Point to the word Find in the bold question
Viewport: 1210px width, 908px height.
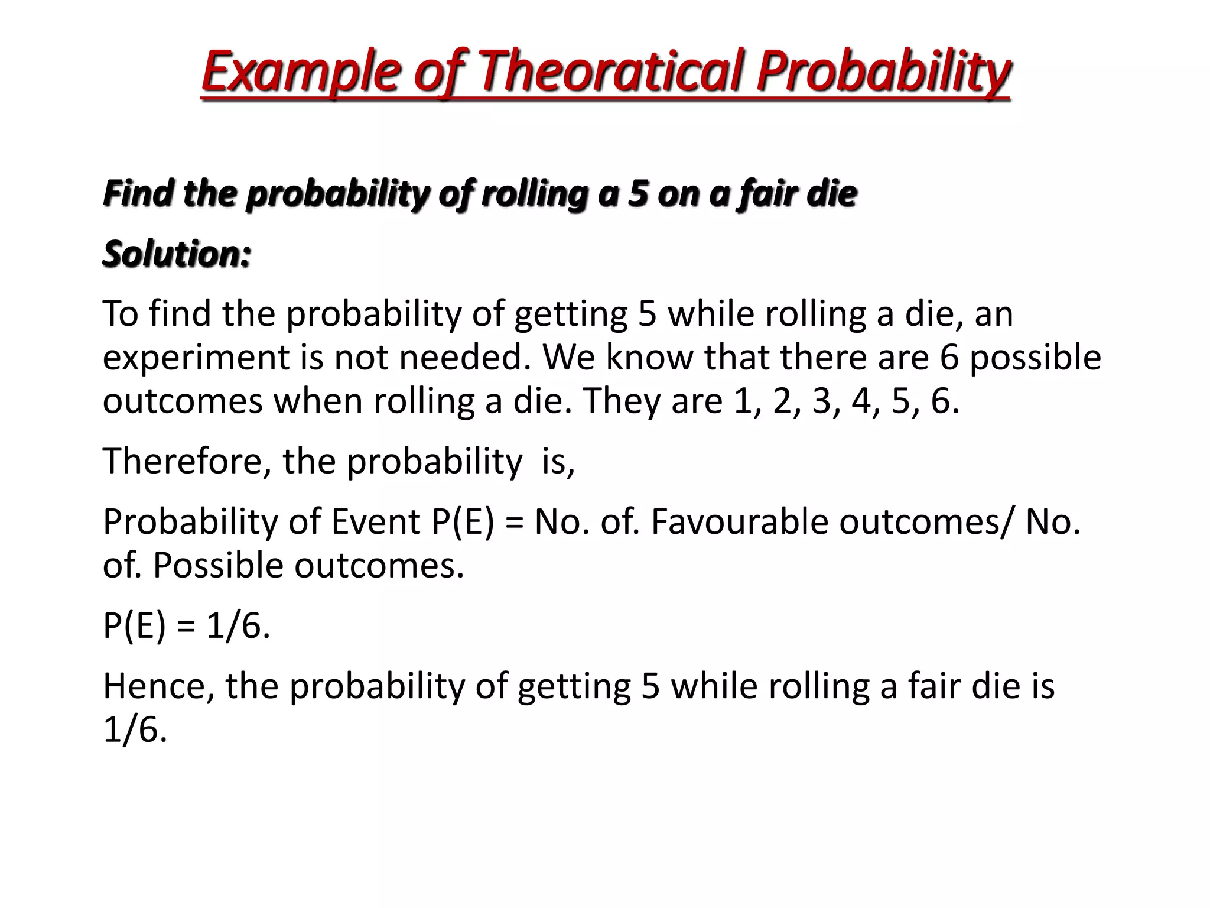[x=138, y=194]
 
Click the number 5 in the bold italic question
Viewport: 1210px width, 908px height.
[x=638, y=194]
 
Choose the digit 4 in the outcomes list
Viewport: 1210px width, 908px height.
[x=861, y=401]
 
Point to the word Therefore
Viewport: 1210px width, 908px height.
[x=182, y=461]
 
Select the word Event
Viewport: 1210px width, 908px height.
[x=376, y=522]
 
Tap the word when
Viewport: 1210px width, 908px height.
[x=317, y=401]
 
